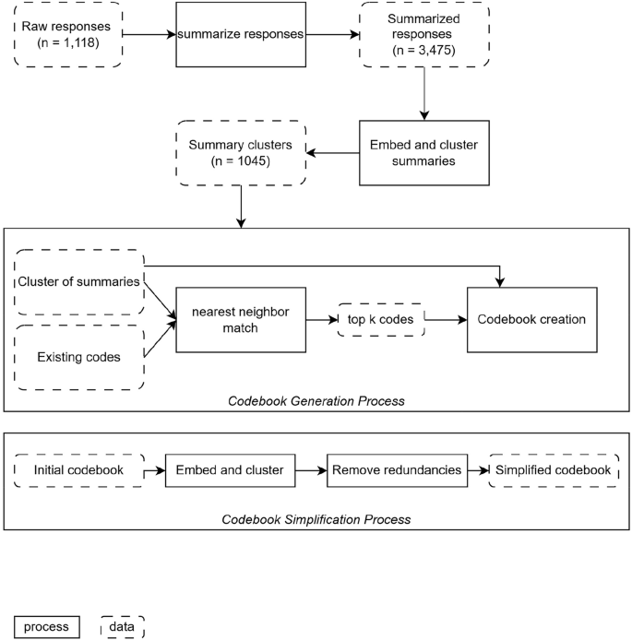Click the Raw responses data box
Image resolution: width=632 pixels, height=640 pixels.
pyautogui.click(x=68, y=34)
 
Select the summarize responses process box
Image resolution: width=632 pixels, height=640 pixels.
pyautogui.click(x=241, y=34)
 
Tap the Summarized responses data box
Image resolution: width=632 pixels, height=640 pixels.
pyautogui.click(x=424, y=34)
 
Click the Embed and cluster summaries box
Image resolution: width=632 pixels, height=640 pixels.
pyautogui.click(x=424, y=153)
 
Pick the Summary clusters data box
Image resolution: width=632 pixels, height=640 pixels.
pyautogui.click(x=241, y=153)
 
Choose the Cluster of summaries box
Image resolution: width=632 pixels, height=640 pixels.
pyautogui.click(x=79, y=282)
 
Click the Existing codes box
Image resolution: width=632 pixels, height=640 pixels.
pyautogui.click(x=79, y=358)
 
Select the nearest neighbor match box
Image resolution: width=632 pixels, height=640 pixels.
pyautogui.click(x=241, y=320)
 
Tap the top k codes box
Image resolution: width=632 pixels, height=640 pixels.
pyautogui.click(x=381, y=320)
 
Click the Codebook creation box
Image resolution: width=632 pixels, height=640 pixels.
pyautogui.click(x=532, y=320)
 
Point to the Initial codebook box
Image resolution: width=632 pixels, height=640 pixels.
pyautogui.click(x=79, y=470)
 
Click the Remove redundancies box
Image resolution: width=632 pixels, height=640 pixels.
pyautogui.click(x=397, y=470)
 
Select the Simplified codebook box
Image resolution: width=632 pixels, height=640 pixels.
pyautogui.click(x=554, y=470)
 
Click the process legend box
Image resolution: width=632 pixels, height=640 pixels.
pyautogui.click(x=47, y=627)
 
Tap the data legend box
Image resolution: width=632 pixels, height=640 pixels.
pyautogui.click(x=123, y=627)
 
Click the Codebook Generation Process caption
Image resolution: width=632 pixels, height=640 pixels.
pyautogui.click(x=316, y=401)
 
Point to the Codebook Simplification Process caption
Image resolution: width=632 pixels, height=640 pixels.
pyautogui.click(x=316, y=519)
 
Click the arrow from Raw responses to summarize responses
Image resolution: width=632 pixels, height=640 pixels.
pyautogui.click(x=149, y=34)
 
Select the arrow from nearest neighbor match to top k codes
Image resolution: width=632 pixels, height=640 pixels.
pyautogui.click(x=322, y=320)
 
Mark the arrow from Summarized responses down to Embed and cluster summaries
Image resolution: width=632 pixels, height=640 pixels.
pyautogui.click(x=424, y=93)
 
